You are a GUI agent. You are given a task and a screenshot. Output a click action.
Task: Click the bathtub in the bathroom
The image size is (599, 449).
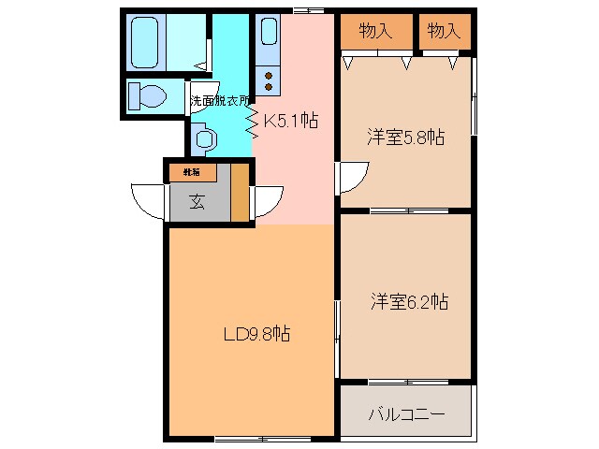click(x=146, y=43)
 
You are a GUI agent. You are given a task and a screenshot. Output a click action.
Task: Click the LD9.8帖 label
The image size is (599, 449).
click(x=256, y=333)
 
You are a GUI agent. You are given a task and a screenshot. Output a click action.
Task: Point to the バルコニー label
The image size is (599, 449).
click(x=406, y=413)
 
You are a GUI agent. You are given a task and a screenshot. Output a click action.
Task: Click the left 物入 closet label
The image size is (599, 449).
click(x=375, y=31)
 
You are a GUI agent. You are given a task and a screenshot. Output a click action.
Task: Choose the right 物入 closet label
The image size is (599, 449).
click(x=444, y=31)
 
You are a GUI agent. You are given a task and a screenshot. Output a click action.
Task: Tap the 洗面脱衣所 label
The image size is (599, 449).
click(x=220, y=100)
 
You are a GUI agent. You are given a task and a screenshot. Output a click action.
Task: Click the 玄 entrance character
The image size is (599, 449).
click(x=198, y=202)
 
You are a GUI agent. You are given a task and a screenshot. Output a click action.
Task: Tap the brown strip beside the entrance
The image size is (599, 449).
click(x=241, y=192)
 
